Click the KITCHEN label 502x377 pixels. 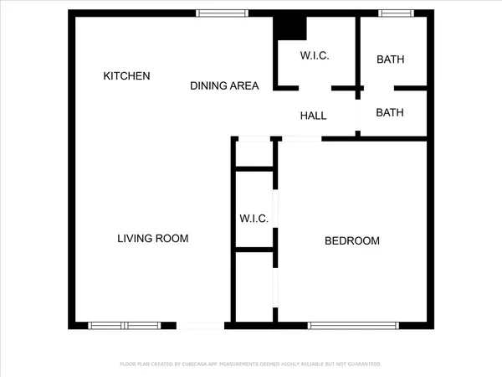126,76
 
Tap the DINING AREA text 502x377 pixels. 224,85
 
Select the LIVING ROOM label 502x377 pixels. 152,239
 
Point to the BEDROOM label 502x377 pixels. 352,241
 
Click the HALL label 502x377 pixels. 313,116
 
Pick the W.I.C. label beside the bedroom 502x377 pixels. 254,219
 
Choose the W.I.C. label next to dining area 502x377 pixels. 315,56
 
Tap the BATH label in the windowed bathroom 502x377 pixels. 391,59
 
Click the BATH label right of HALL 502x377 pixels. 391,112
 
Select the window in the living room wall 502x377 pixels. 124,325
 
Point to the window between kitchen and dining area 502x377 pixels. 222,13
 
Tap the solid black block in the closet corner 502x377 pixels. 292,28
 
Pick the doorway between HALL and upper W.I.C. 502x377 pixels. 315,88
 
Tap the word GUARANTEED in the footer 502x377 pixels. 363,364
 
